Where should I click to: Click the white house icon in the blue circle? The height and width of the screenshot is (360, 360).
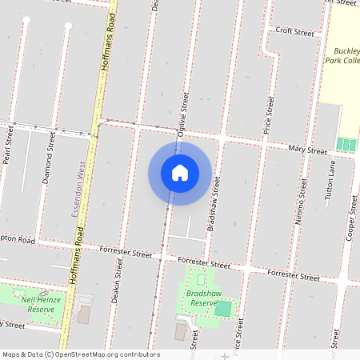click(180, 173)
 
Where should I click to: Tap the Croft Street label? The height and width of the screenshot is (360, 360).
click(294, 32)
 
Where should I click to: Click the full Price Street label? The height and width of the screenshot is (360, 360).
click(269, 114)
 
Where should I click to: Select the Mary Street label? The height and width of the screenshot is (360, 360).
click(308, 149)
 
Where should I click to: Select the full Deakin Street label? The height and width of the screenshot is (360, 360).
click(118, 297)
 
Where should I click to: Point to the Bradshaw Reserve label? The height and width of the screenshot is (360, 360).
click(199, 298)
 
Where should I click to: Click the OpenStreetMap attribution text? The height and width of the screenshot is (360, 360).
click(81, 354)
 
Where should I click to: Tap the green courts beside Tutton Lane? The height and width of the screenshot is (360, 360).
click(346, 145)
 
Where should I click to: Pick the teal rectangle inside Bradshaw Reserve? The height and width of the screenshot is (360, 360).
click(223, 308)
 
